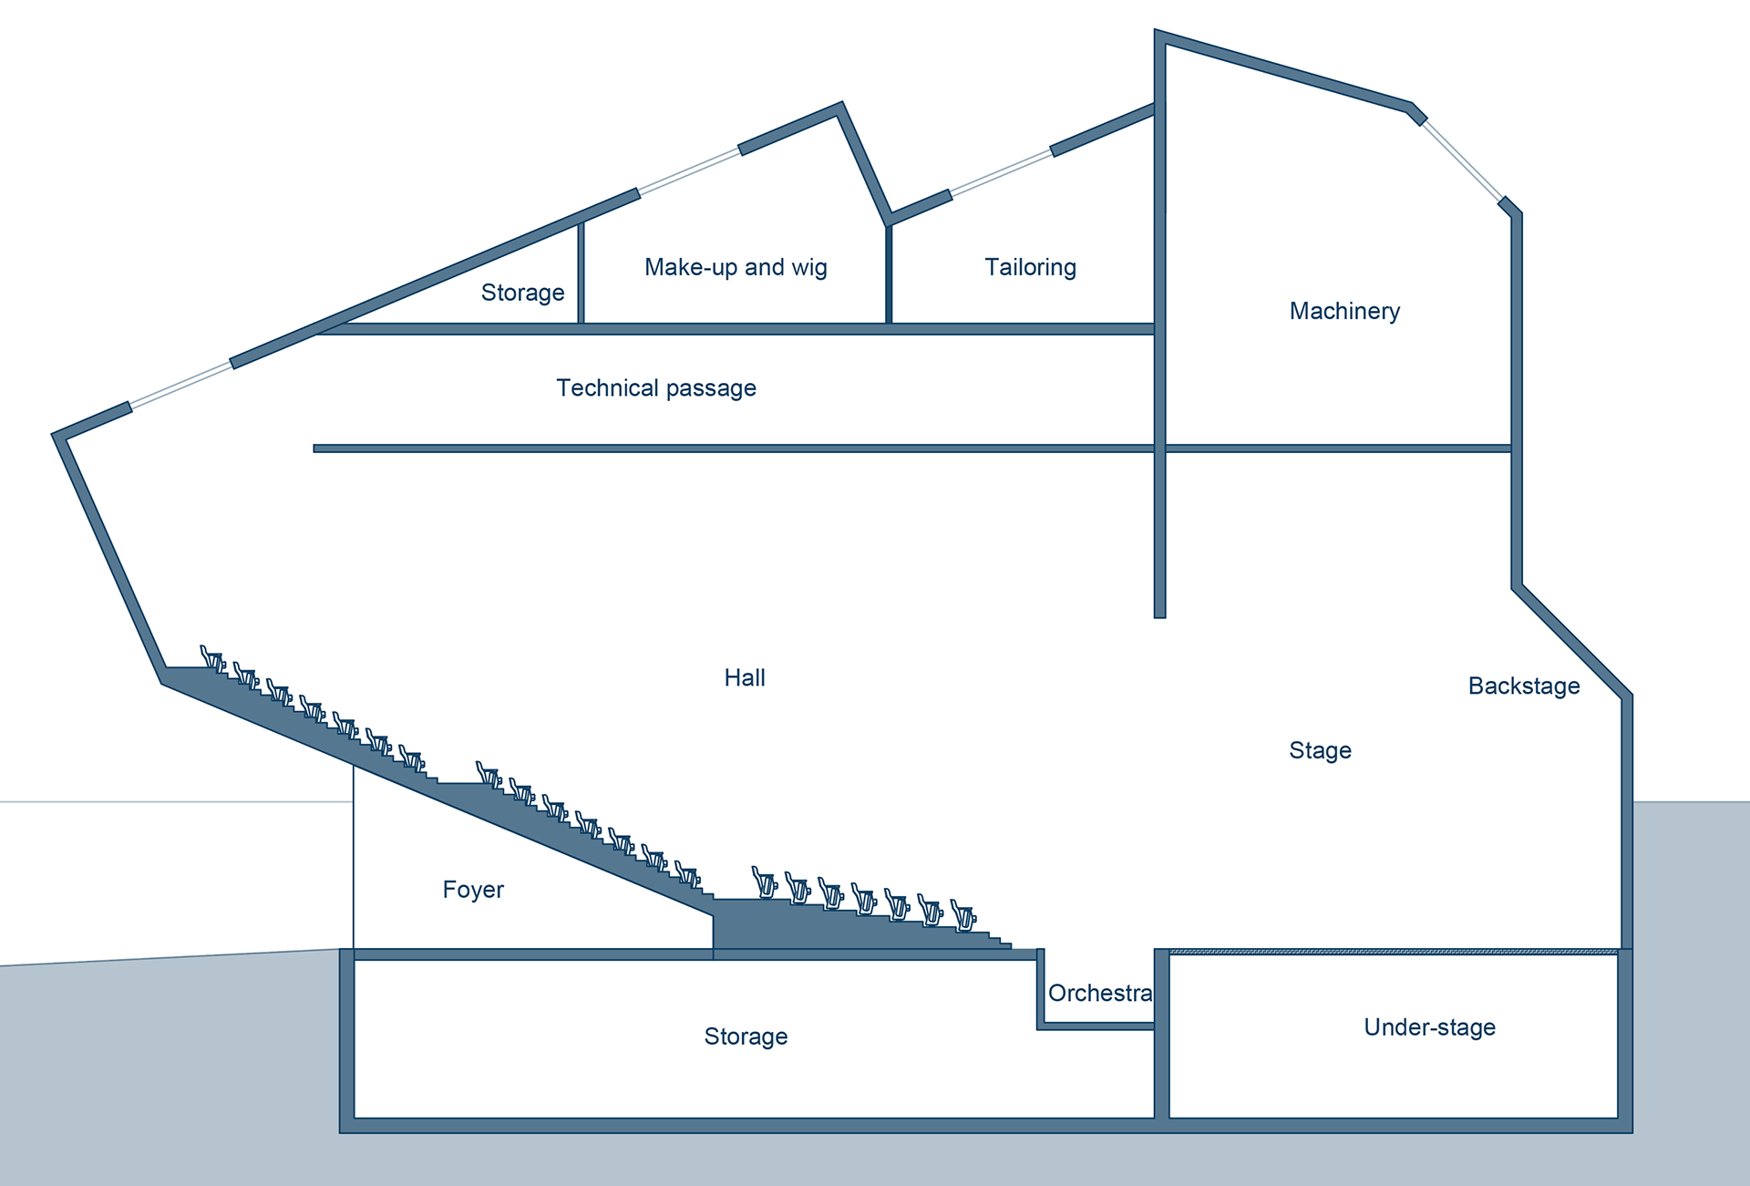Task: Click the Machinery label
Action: pos(1344,312)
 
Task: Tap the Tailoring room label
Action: pos(1030,267)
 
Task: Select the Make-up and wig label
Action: pos(736,267)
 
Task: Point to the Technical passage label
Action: pos(656,388)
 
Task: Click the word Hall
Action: pos(745,677)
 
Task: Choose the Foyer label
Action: pos(473,890)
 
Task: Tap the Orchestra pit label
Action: pos(1100,993)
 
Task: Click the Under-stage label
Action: pos(1430,1027)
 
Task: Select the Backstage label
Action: pos(1524,686)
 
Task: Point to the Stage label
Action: pos(1320,751)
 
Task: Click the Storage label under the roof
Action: pos(522,293)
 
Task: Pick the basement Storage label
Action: pos(746,1036)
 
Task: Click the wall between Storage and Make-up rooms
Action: pos(581,272)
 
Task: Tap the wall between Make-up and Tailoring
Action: pos(889,273)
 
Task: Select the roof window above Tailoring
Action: pos(1001,171)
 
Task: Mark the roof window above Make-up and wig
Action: pos(689,171)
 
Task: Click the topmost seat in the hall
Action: pos(212,658)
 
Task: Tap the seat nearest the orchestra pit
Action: pos(963,914)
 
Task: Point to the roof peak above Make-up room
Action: pos(839,106)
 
